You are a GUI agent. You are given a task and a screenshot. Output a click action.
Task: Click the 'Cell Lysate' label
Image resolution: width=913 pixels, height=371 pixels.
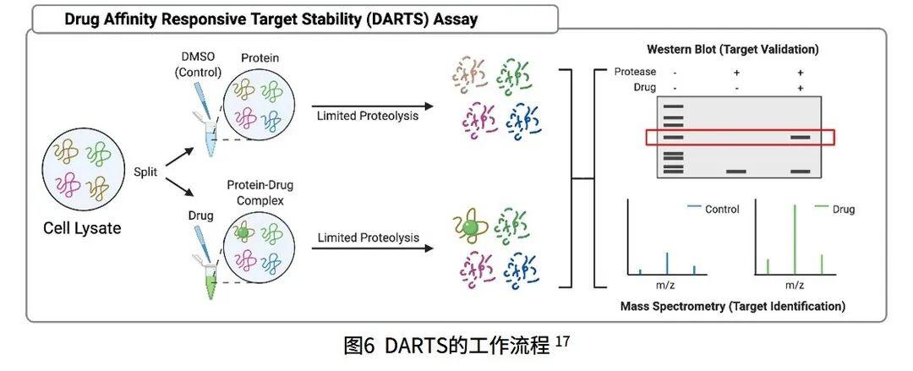81,228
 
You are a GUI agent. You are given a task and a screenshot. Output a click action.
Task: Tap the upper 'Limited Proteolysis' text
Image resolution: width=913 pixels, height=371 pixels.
368,115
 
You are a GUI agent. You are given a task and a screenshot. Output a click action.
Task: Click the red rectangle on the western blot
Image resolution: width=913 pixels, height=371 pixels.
739,137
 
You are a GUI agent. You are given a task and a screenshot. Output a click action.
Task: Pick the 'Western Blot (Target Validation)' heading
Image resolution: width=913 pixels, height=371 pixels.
732,50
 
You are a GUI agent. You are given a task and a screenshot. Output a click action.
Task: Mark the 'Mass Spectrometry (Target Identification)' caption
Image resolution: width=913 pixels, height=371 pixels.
732,306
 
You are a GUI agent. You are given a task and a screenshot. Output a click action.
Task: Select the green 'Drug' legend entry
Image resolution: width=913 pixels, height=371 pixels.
843,209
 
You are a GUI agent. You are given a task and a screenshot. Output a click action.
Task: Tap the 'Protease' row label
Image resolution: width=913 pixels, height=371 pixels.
635,72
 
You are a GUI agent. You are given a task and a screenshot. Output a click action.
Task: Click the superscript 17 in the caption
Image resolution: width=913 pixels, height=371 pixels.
563,341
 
